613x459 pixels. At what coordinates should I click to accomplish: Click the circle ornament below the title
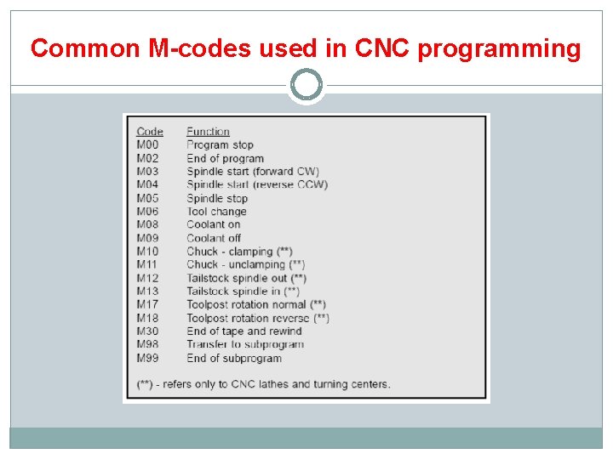(x=306, y=84)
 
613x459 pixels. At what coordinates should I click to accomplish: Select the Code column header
(x=150, y=132)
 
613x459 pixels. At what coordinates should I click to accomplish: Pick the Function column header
(x=208, y=132)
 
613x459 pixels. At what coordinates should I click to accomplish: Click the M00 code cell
(x=147, y=144)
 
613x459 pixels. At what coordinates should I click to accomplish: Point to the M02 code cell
(x=147, y=158)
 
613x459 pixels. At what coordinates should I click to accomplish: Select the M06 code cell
(x=147, y=212)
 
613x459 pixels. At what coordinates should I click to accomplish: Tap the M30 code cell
(x=147, y=331)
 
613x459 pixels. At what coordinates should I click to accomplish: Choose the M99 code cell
(x=147, y=358)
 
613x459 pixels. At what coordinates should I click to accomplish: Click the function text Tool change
(x=216, y=212)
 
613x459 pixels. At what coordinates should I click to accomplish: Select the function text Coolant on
(x=213, y=224)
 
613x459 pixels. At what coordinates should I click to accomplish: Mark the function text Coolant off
(x=214, y=238)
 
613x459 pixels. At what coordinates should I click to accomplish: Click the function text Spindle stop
(x=217, y=198)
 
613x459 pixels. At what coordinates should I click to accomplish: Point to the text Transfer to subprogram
(x=245, y=344)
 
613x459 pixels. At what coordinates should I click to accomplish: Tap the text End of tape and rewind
(x=244, y=331)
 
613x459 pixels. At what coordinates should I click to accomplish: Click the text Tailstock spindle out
(x=246, y=278)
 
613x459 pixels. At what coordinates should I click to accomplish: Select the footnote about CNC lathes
(x=264, y=384)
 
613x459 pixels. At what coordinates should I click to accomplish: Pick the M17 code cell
(x=147, y=304)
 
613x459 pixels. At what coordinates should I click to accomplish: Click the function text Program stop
(x=220, y=144)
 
